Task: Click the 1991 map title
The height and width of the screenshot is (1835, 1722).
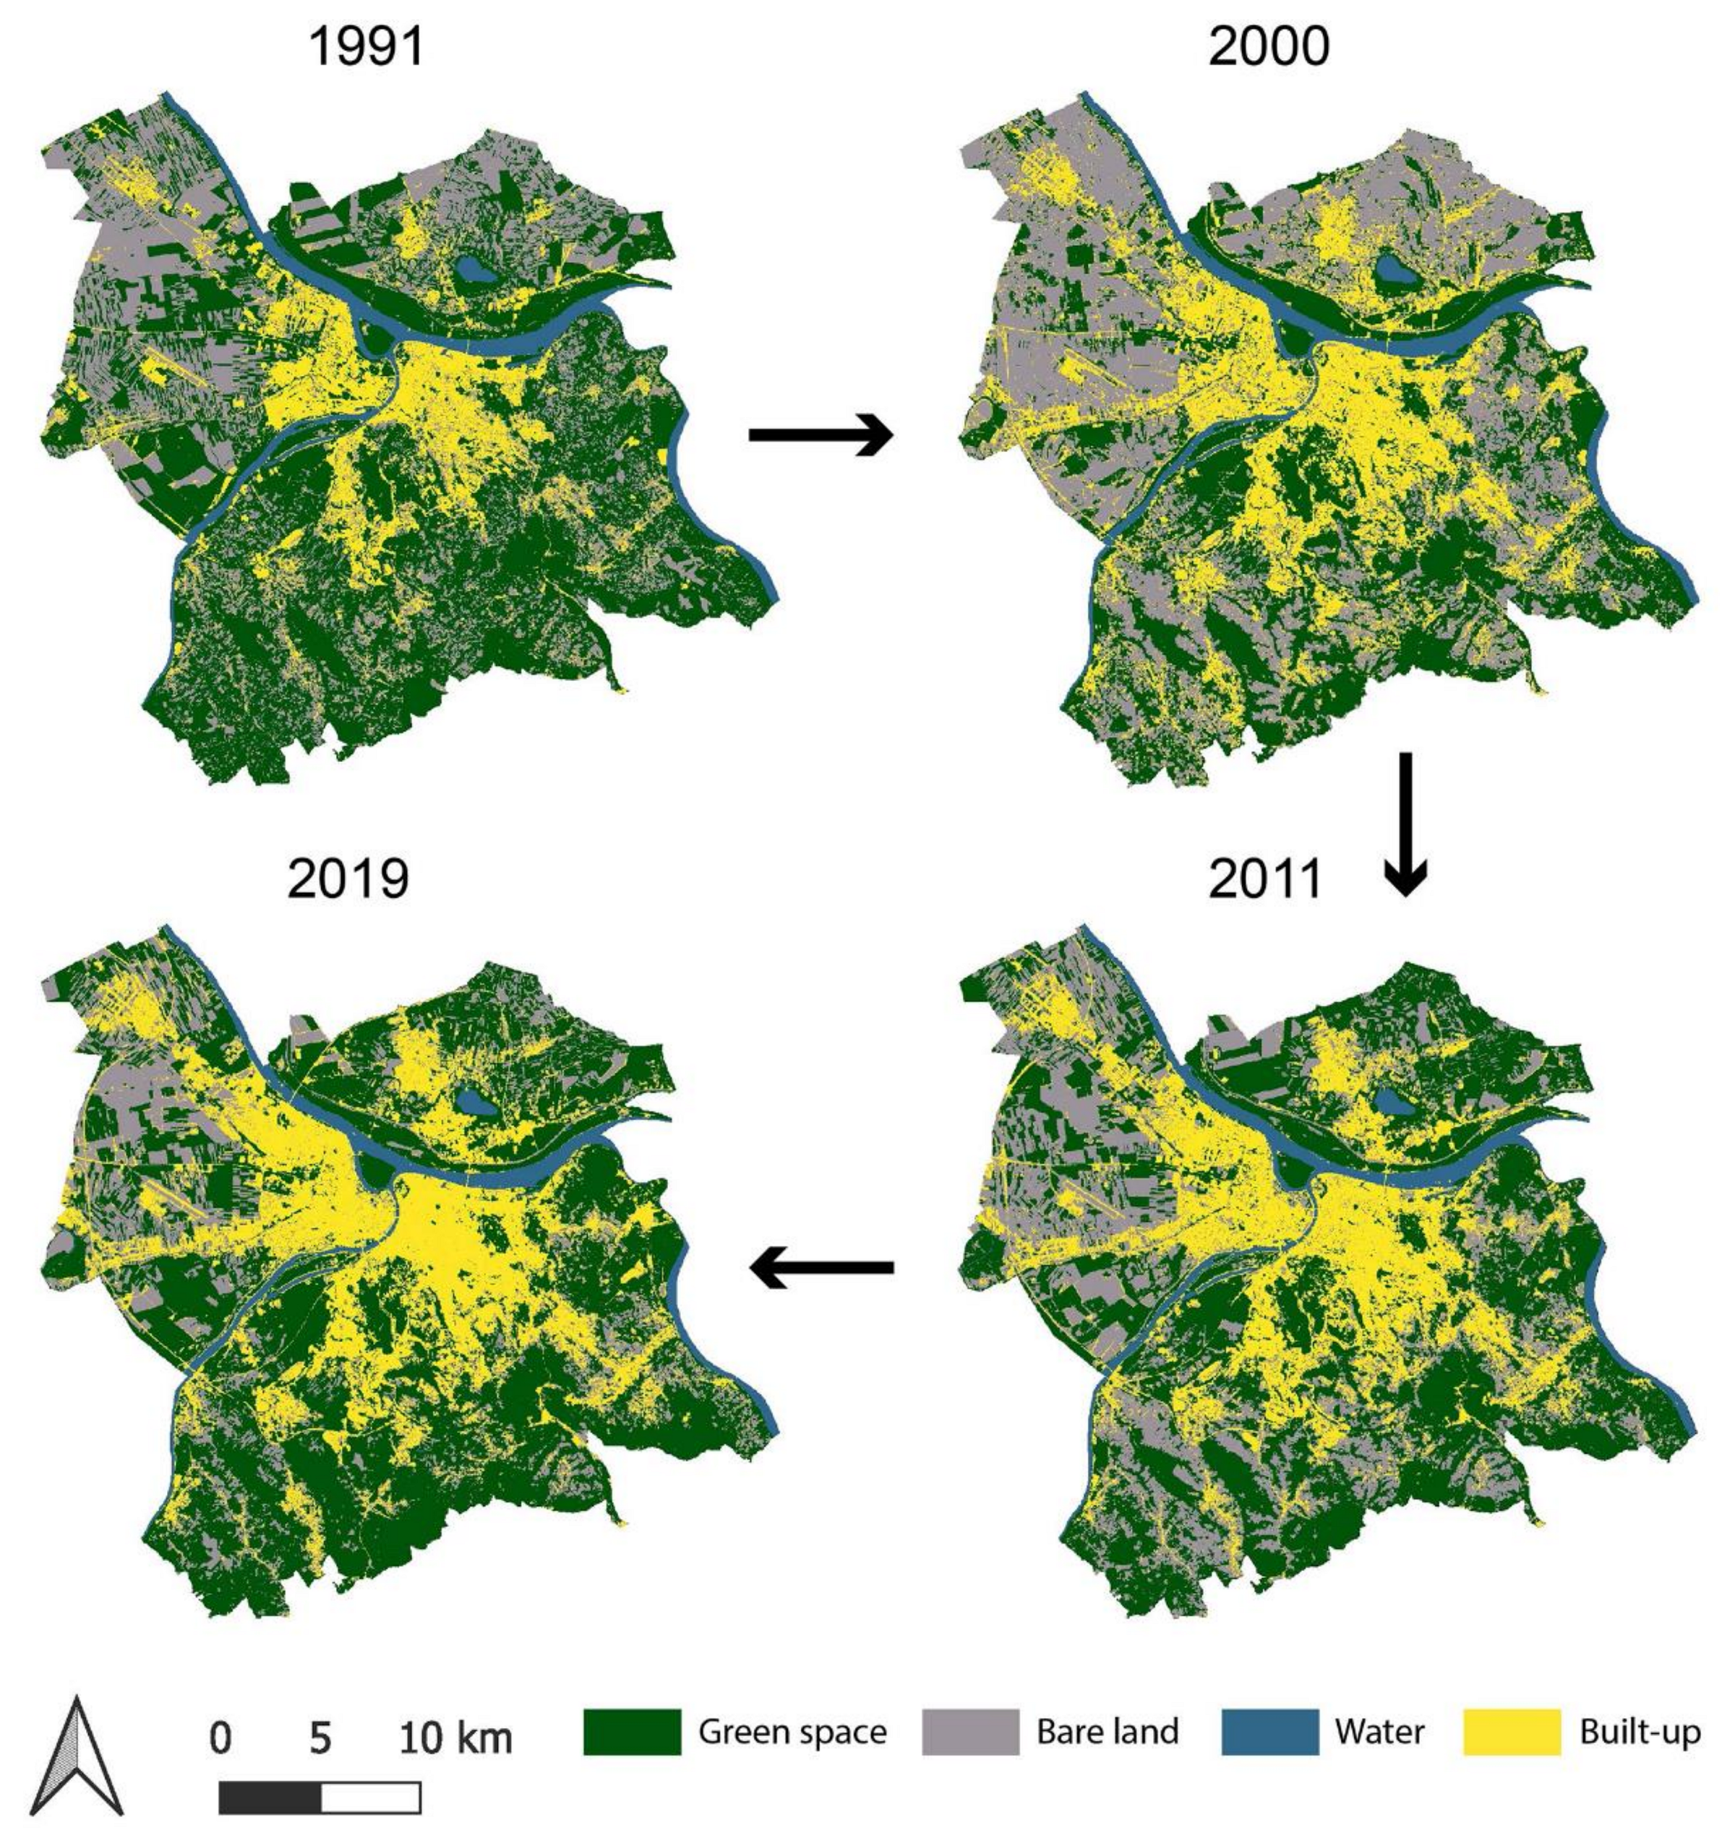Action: (367, 46)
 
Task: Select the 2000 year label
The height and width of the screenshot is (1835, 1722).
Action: (1269, 46)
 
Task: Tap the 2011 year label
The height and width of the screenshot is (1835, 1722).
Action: (1265, 879)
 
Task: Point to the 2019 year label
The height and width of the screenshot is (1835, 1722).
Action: (347, 879)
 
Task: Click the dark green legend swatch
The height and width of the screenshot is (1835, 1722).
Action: (632, 1732)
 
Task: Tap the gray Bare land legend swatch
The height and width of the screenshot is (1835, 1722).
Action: (970, 1732)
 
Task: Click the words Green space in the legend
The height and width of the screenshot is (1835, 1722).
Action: (792, 1732)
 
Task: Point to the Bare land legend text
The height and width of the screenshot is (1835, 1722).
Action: (1108, 1732)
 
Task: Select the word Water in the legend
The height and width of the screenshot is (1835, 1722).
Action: (1380, 1732)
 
